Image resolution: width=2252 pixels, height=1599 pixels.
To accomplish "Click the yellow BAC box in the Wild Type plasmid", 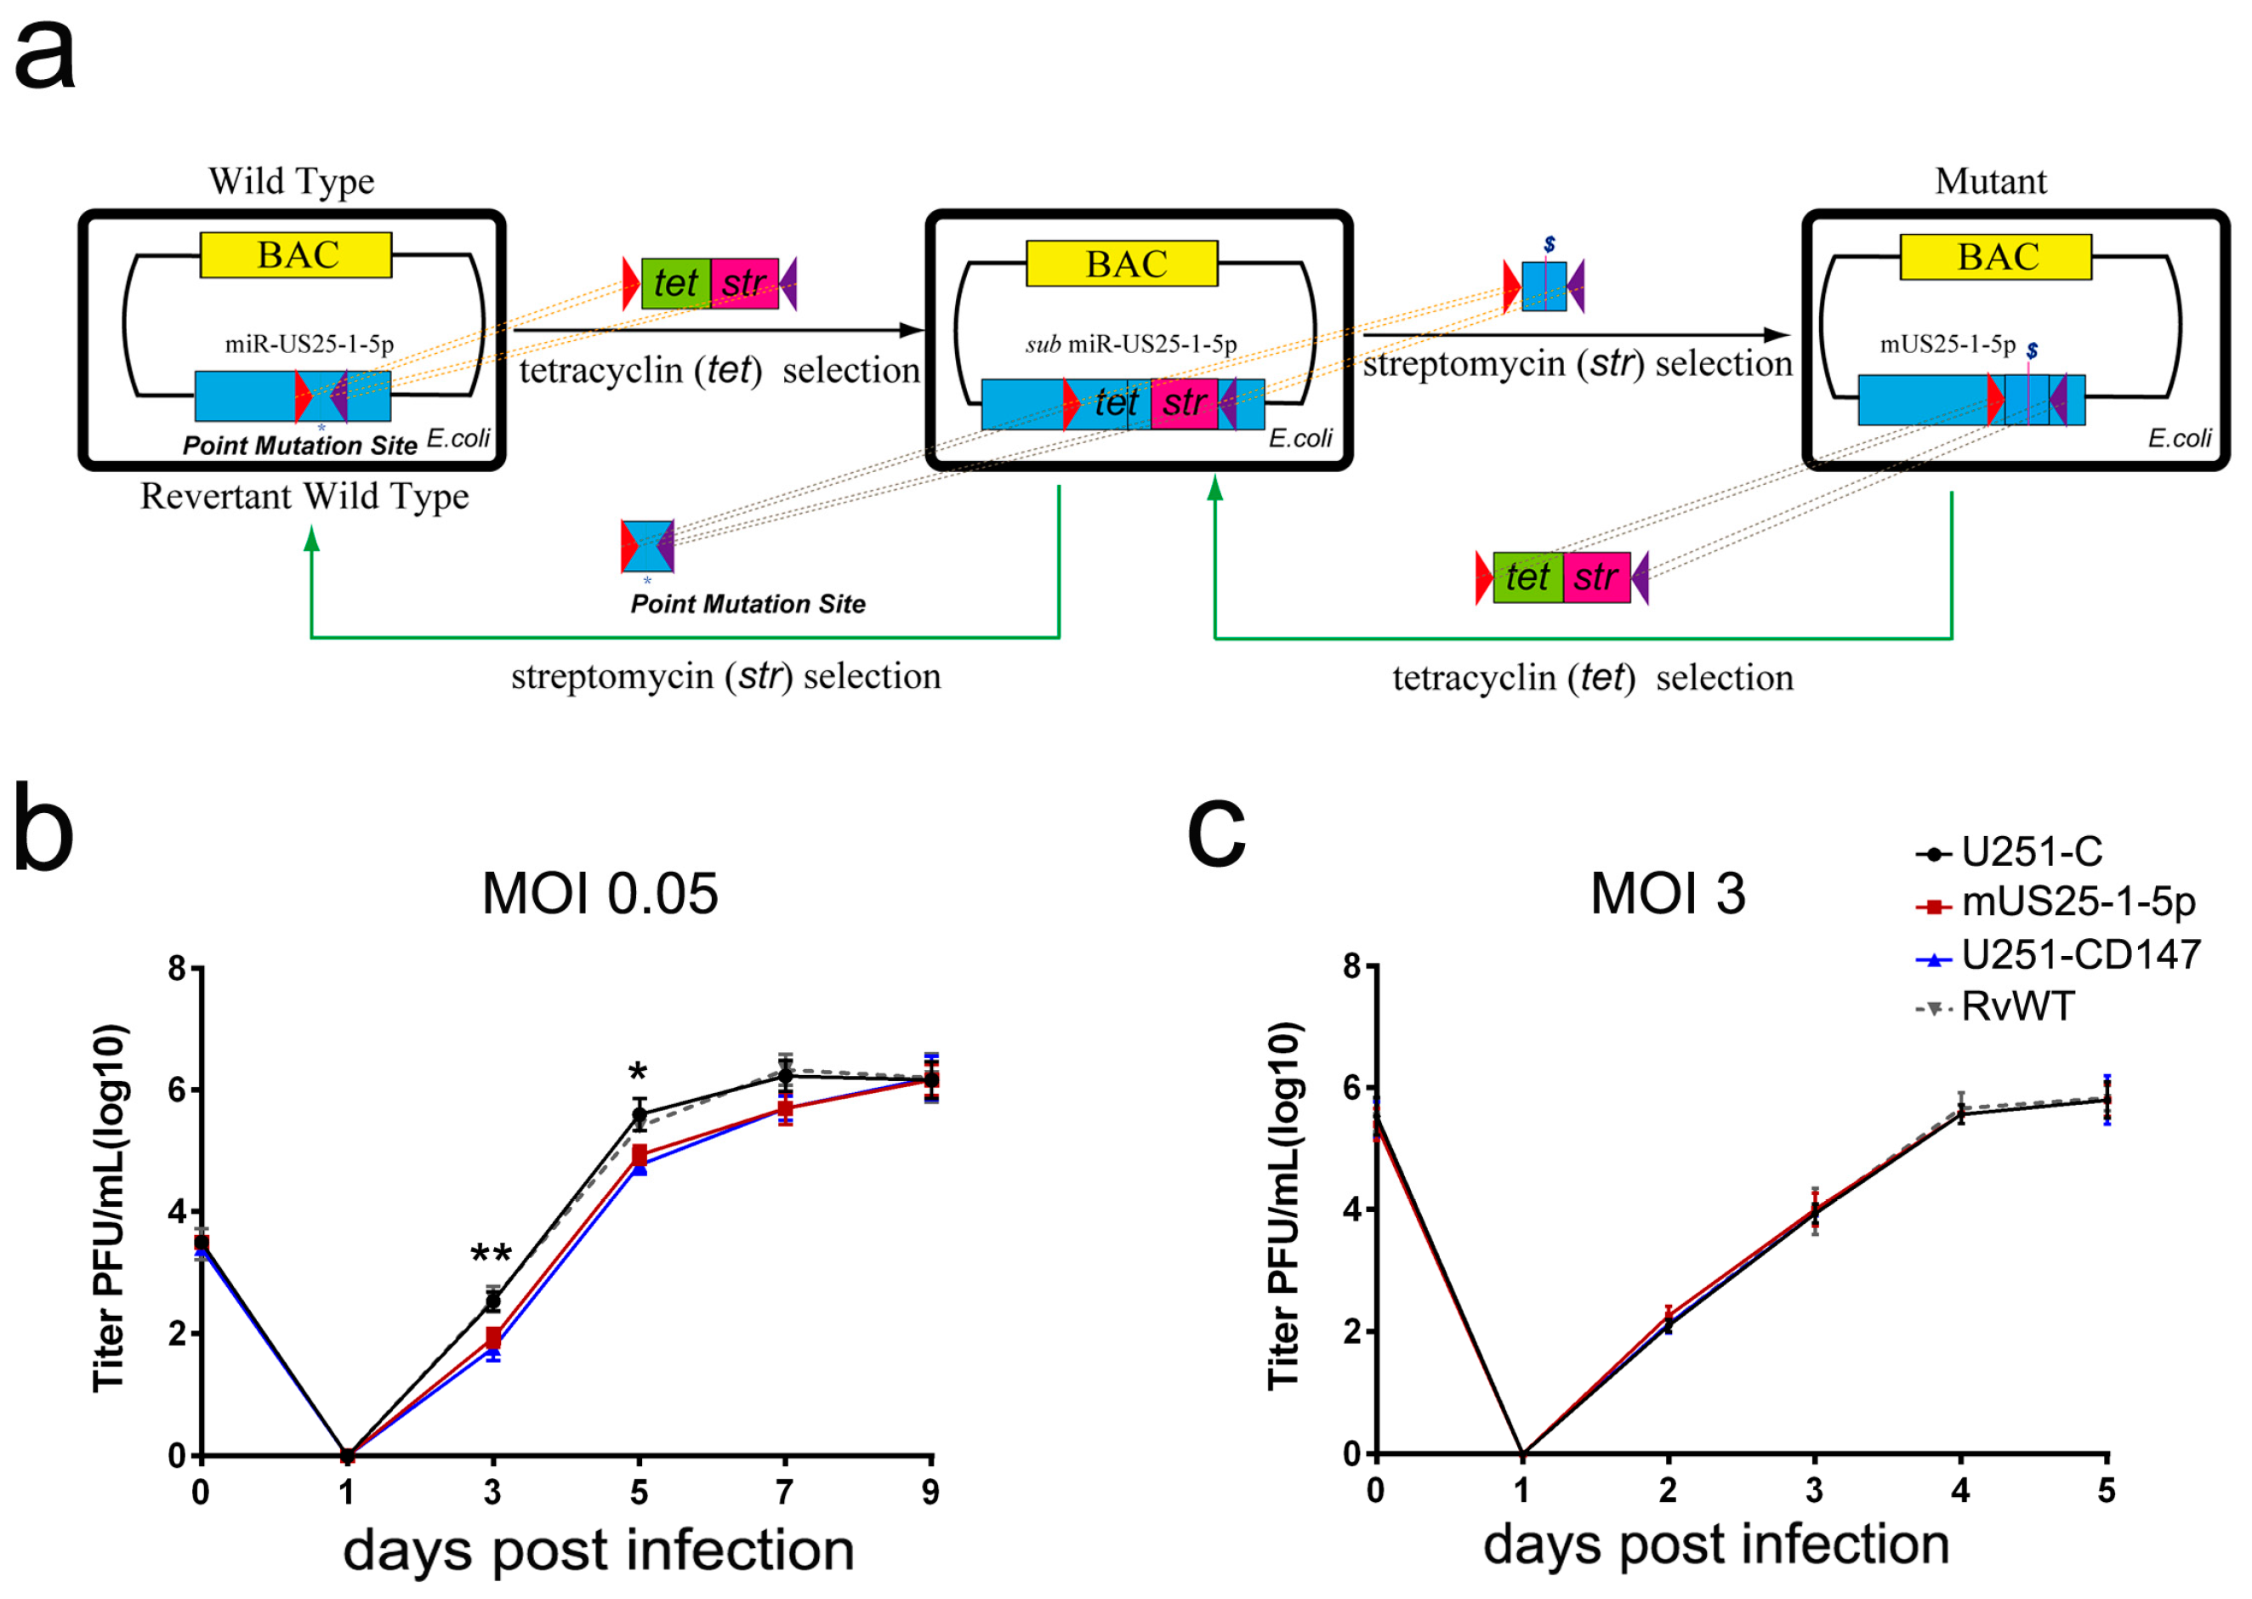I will [x=295, y=255].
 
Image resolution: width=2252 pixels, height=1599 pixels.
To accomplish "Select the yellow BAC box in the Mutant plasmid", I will [x=1994, y=257].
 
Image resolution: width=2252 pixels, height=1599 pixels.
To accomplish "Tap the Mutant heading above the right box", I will [x=1989, y=181].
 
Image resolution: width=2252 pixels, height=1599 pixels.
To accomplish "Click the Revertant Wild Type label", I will [x=304, y=496].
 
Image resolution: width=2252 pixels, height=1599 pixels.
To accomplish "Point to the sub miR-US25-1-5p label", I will [x=1131, y=344].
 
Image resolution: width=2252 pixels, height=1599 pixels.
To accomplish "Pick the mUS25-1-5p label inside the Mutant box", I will [x=1947, y=344].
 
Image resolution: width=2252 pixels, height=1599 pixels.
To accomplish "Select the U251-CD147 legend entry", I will [x=2079, y=955].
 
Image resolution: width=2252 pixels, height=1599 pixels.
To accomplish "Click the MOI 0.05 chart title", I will [x=600, y=894].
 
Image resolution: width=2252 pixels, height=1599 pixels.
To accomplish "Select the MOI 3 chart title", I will [x=1668, y=894].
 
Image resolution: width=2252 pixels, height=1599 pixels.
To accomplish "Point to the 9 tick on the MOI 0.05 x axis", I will [x=930, y=1493].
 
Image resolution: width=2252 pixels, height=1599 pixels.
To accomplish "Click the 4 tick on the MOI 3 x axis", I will [x=1959, y=1491].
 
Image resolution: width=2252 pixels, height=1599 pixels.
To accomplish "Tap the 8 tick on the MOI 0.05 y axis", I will [x=177, y=969].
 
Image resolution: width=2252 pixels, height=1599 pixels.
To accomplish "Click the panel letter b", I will [x=43, y=830].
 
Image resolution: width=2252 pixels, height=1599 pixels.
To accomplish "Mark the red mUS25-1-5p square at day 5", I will [x=639, y=1155].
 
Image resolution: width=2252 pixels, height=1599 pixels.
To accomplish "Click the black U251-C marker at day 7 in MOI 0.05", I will [x=784, y=1076].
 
